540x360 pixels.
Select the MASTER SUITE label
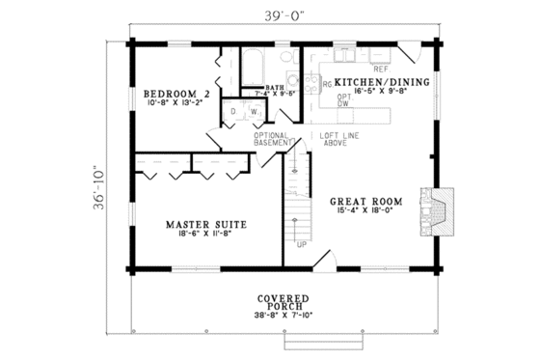[204, 224]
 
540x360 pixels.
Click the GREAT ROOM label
[365, 203]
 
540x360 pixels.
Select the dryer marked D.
[233, 111]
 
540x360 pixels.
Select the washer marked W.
[254, 111]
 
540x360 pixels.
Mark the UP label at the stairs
[302, 243]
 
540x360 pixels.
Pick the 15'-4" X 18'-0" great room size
[365, 213]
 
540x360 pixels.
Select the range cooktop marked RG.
[327, 84]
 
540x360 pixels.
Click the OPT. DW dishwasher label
[344, 101]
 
